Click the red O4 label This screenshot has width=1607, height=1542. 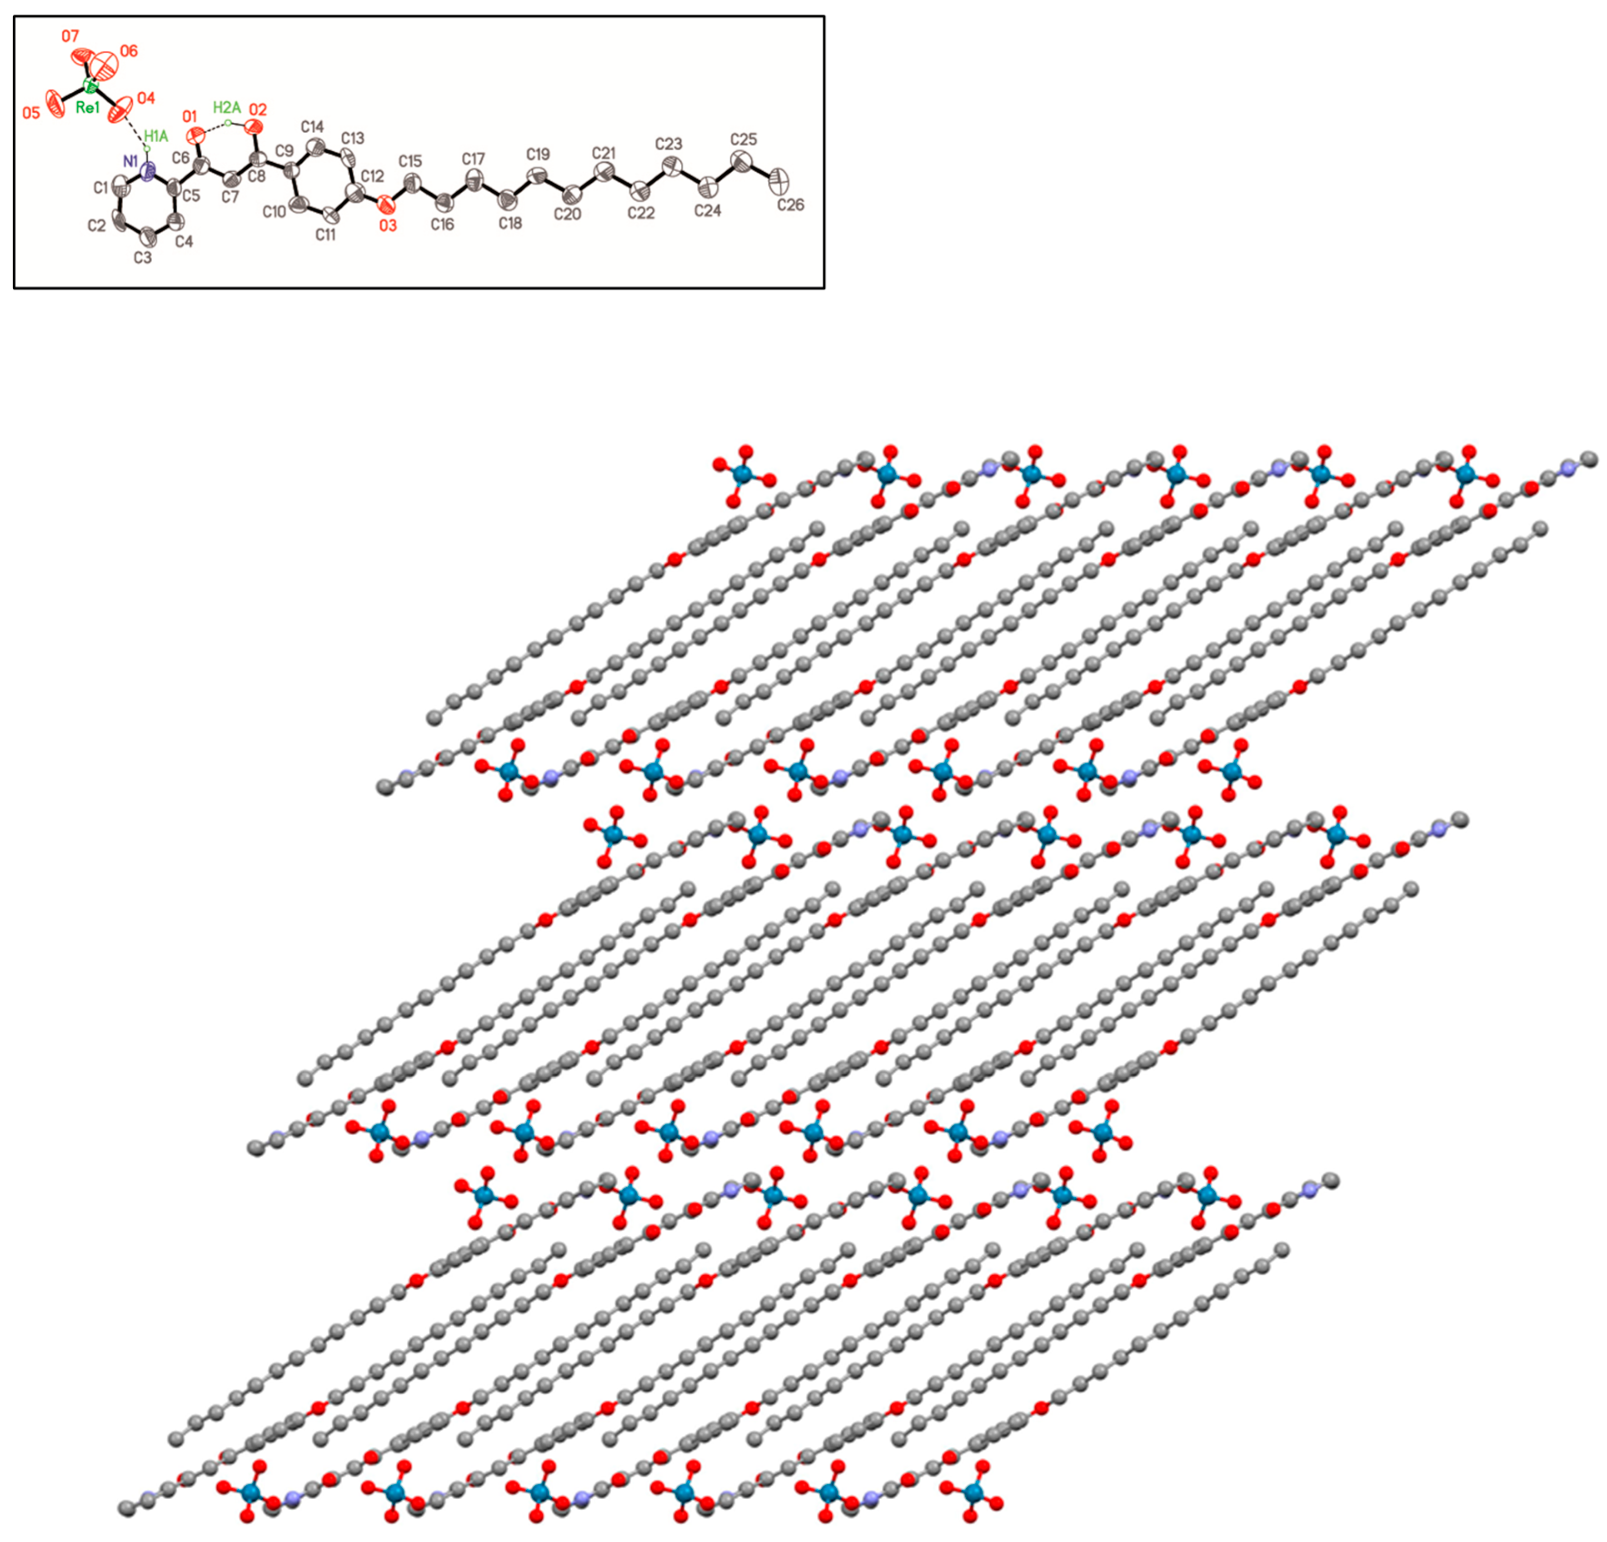[x=145, y=98]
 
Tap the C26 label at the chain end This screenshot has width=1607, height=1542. [x=790, y=205]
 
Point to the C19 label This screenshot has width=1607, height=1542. [x=538, y=154]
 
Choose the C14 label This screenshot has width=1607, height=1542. [x=312, y=127]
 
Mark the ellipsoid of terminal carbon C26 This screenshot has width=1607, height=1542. [x=780, y=179]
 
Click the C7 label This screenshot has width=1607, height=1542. [x=230, y=197]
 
